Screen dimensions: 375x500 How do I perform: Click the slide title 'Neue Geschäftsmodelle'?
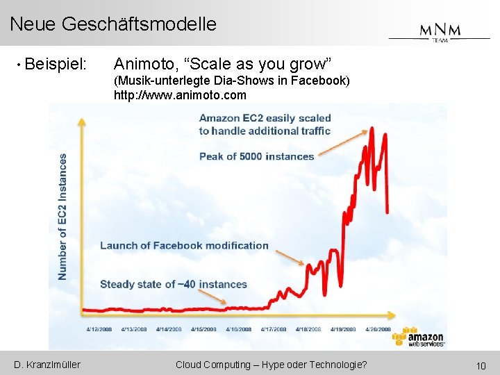pyautogui.click(x=113, y=24)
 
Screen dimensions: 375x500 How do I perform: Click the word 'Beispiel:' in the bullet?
pyautogui.click(x=56, y=65)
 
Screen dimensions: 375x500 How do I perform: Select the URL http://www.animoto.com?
pyautogui.click(x=180, y=95)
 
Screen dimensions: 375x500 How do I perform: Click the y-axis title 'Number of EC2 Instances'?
pyautogui.click(x=63, y=217)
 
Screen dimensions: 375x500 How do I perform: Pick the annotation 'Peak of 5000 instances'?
pyautogui.click(x=256, y=156)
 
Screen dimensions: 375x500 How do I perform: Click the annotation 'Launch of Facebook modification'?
pyautogui.click(x=184, y=245)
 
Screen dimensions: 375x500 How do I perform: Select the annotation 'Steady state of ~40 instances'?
pyautogui.click(x=173, y=284)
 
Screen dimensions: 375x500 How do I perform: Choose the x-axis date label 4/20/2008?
pyautogui.click(x=376, y=329)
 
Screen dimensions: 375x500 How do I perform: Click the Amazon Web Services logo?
pyautogui.click(x=417, y=337)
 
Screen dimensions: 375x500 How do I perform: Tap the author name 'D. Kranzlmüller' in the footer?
pyautogui.click(x=47, y=365)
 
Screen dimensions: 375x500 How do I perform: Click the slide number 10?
pyautogui.click(x=480, y=365)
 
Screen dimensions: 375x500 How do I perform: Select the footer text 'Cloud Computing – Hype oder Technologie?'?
pyautogui.click(x=272, y=365)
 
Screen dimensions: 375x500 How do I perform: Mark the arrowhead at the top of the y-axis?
pyautogui.click(x=82, y=123)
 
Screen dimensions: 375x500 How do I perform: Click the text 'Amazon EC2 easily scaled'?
pyautogui.click(x=265, y=118)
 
